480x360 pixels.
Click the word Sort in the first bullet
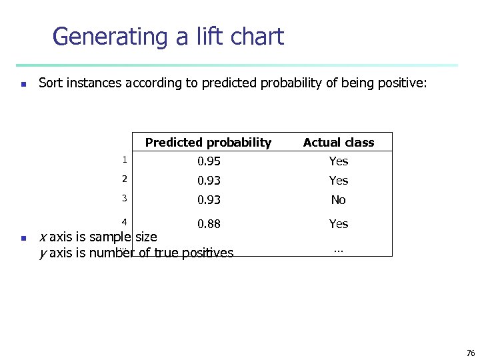tap(51, 83)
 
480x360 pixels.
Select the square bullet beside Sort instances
tap(23, 85)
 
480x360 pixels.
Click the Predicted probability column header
tap(208, 142)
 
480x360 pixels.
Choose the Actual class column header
tap(339, 142)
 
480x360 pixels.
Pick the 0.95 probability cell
tap(209, 161)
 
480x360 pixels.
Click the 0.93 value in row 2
tap(209, 181)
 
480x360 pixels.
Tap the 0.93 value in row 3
tap(209, 200)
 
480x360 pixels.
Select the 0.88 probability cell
tap(209, 224)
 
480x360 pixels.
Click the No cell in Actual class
tap(339, 200)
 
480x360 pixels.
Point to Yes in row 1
tap(339, 161)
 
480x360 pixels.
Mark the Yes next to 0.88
tap(339, 224)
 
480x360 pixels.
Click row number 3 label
tap(123, 198)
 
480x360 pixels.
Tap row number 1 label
tap(123, 159)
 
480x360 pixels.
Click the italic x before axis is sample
tap(43, 237)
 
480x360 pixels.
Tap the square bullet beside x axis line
tap(23, 238)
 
